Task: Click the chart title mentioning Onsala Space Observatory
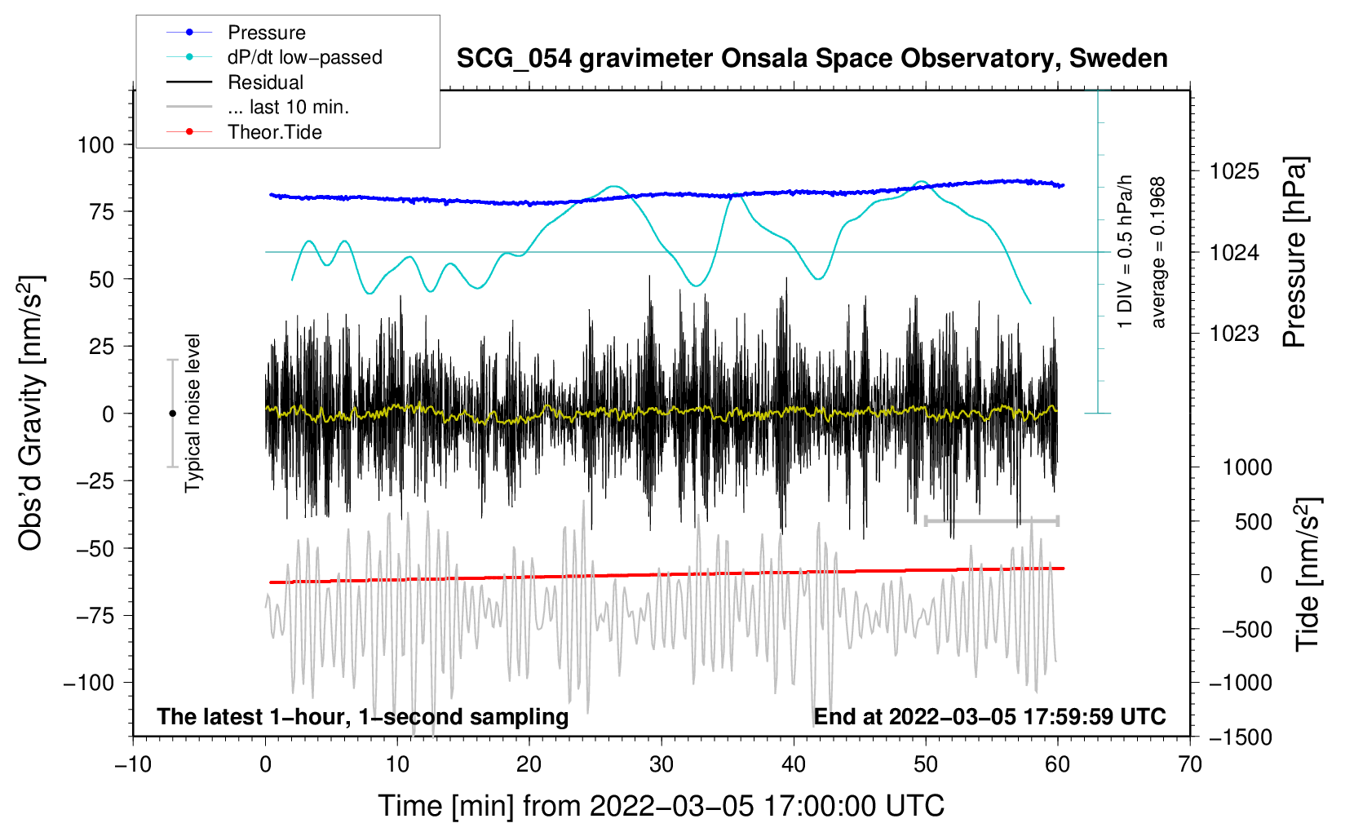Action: [x=812, y=59]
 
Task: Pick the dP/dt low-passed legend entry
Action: [x=304, y=57]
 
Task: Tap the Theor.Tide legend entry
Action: [x=274, y=132]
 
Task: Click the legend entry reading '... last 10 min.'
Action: [x=288, y=107]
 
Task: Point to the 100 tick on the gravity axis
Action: [x=95, y=145]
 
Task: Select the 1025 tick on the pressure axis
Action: [x=1234, y=171]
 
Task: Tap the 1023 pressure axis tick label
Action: [x=1234, y=334]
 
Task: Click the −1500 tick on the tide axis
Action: [x=1241, y=737]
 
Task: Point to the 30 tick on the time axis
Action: [x=662, y=764]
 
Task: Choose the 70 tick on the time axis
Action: [x=1190, y=764]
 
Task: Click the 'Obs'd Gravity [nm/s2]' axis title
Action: [x=31, y=414]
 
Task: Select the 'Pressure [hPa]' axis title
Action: [x=1294, y=253]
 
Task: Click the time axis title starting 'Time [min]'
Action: [x=662, y=806]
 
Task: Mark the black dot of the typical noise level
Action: [x=172, y=414]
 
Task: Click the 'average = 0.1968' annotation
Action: [x=1158, y=253]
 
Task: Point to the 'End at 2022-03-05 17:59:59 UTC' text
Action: [x=989, y=717]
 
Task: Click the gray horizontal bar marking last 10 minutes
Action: [x=992, y=520]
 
